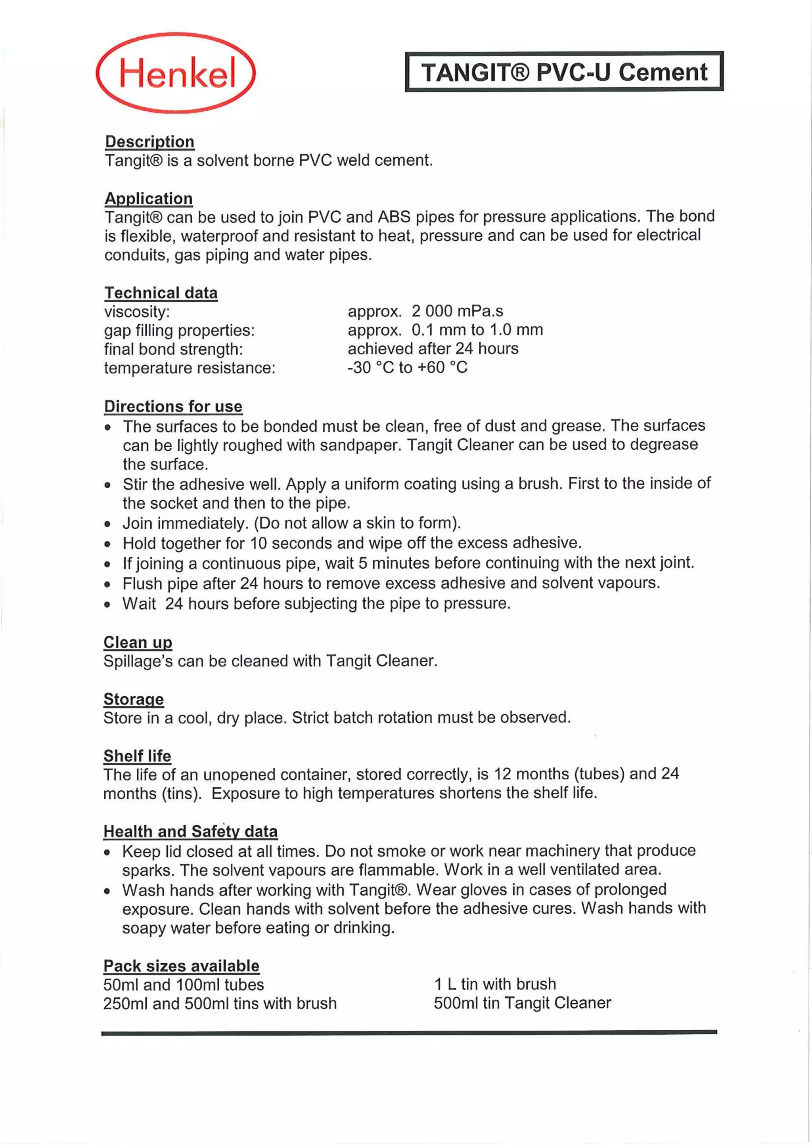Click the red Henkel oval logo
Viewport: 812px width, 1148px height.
click(x=176, y=73)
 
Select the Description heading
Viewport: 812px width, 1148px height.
click(x=149, y=142)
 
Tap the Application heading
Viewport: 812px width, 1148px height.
click(x=149, y=199)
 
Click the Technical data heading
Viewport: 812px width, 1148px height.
click(x=161, y=293)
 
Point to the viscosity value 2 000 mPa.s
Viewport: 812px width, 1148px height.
click(x=457, y=311)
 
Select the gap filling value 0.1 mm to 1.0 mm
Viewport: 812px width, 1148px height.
click(x=477, y=330)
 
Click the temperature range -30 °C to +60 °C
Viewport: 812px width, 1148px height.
click(x=408, y=367)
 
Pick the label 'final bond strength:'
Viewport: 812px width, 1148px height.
click(x=174, y=349)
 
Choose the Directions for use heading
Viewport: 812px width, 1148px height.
click(x=173, y=406)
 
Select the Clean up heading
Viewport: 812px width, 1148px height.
click(x=138, y=642)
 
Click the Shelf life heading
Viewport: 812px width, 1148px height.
click(x=137, y=756)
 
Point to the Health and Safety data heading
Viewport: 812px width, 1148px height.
click(x=190, y=832)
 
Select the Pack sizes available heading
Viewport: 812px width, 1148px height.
click(x=182, y=966)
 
